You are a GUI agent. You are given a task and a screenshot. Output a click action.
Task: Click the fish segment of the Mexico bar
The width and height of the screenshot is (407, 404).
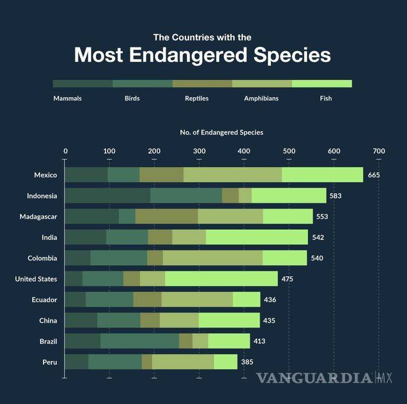tap(322, 175)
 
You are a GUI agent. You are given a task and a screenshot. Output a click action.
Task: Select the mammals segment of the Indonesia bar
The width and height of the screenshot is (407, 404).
tap(108, 195)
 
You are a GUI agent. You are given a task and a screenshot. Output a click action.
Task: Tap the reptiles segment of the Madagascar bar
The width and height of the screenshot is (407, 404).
tap(166, 217)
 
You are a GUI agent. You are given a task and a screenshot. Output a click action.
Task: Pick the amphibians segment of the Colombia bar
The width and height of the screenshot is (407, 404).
tap(212, 258)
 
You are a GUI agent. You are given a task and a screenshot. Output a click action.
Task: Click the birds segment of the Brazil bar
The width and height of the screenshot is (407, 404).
tap(140, 341)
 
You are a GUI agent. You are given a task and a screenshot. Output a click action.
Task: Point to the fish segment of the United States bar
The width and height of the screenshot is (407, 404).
tap(221, 279)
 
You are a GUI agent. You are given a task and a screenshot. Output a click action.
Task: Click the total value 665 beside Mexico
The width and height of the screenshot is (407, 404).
tap(374, 175)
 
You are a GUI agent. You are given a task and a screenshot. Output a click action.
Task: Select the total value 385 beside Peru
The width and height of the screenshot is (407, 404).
tap(247, 362)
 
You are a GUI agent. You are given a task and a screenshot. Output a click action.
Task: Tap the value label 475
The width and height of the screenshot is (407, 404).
tap(287, 279)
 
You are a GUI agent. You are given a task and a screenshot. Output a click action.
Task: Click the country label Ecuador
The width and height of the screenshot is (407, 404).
tap(44, 299)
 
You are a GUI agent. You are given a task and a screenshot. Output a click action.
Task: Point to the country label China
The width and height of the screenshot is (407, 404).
tap(48, 321)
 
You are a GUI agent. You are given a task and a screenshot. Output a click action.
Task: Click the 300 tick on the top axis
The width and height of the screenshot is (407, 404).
tap(199, 151)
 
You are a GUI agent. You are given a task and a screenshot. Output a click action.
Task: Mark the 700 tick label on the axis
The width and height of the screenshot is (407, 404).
tap(378, 151)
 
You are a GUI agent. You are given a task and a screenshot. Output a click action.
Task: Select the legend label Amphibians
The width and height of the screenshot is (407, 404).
tap(261, 98)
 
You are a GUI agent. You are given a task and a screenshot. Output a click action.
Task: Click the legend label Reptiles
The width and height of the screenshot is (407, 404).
tap(196, 98)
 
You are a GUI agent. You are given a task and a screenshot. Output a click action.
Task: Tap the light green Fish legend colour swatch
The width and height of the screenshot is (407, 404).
tap(322, 83)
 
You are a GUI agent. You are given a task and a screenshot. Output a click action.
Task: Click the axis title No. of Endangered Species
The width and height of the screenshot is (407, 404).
tap(222, 132)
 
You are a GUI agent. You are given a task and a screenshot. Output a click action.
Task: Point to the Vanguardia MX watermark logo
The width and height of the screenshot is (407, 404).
tap(323, 378)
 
